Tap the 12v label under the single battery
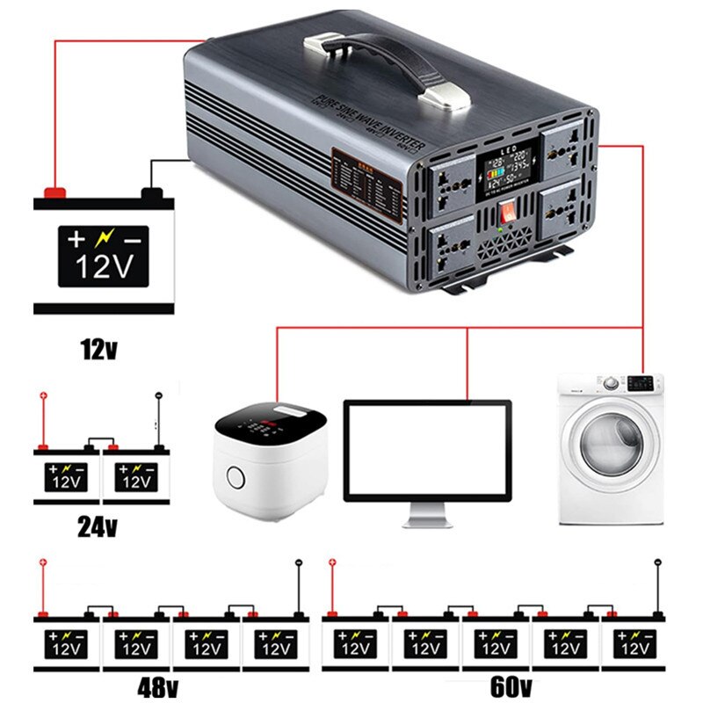coord(98,350)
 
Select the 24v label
coord(98,526)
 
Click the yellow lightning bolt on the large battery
coord(104,238)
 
